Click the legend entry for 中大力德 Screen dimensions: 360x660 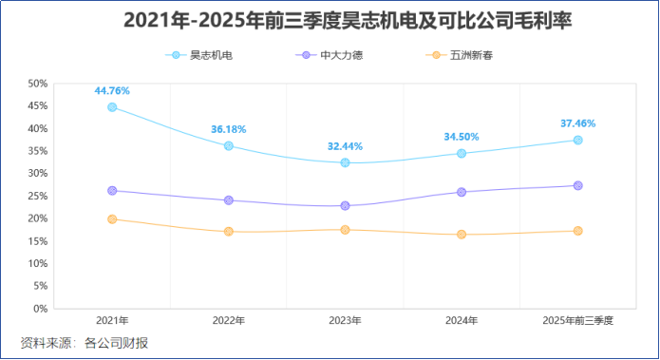click(330, 55)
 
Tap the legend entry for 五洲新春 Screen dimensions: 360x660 click(460, 55)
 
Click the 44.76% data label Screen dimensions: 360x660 click(112, 91)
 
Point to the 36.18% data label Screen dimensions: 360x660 click(228, 129)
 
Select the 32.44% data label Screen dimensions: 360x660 click(345, 146)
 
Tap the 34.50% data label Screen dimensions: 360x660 click(462, 137)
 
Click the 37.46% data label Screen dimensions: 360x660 click(577, 123)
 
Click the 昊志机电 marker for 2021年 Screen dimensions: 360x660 click(112, 107)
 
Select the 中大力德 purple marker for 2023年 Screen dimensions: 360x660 click(345, 206)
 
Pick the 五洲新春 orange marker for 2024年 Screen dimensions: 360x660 click(462, 235)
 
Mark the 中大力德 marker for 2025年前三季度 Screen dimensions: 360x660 click(577, 185)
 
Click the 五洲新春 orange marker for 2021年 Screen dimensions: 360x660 click(112, 219)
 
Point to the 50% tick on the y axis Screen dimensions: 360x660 click(37, 84)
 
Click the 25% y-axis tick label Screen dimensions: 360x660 click(37, 196)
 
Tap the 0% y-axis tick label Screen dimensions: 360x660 click(40, 309)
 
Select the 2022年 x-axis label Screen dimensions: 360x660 click(228, 321)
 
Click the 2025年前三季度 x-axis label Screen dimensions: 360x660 click(577, 321)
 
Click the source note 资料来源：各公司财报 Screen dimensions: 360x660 click(85, 343)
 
